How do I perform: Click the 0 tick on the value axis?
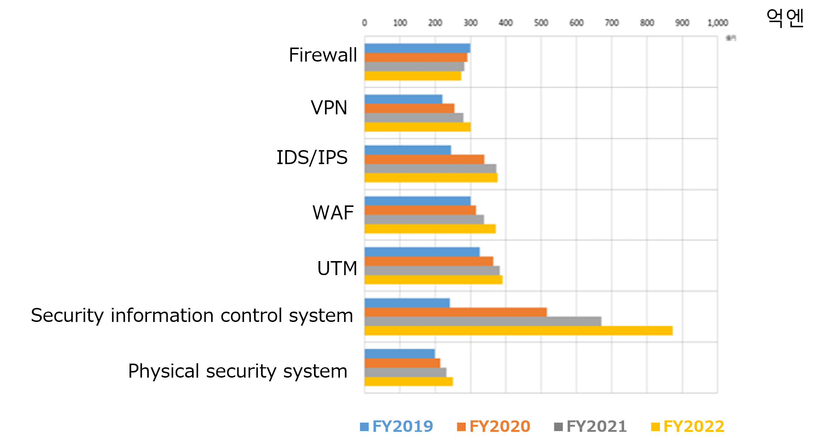click(365, 23)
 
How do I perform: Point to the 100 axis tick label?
click(400, 23)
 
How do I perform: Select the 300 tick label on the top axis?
click(471, 23)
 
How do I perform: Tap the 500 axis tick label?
click(541, 23)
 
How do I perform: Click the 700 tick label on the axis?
click(612, 23)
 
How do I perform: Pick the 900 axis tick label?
click(682, 23)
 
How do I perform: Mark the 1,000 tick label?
click(717, 23)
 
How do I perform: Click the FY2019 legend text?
click(403, 426)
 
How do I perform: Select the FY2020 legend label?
click(500, 426)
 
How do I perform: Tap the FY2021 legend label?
click(597, 426)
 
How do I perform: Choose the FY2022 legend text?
click(694, 426)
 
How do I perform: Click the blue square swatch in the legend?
click(364, 427)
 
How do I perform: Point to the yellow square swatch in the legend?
click(655, 427)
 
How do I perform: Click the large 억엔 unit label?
click(785, 18)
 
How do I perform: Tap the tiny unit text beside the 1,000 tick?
click(731, 38)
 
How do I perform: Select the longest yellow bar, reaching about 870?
click(518, 330)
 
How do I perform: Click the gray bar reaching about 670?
click(483, 321)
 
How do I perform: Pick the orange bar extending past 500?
click(455, 312)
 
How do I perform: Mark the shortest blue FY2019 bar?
click(400, 354)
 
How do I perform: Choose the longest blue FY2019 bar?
click(422, 252)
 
